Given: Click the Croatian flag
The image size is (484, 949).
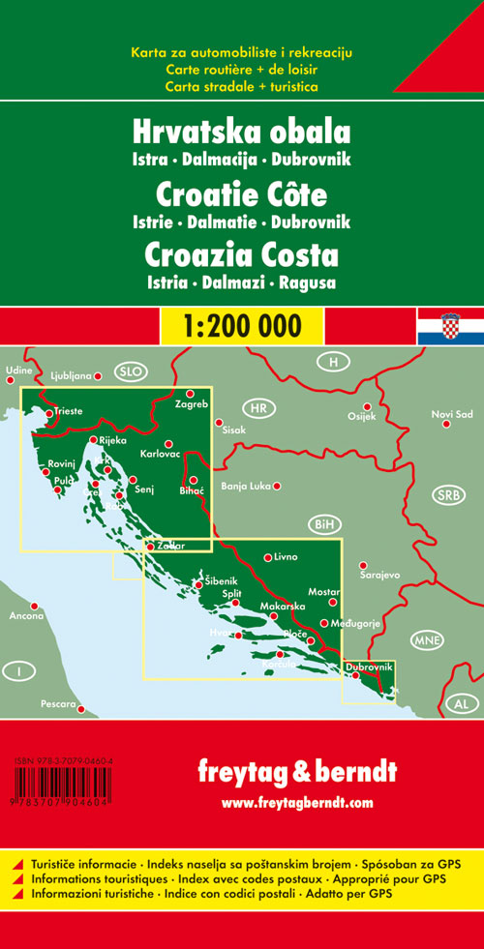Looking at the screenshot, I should click(449, 326).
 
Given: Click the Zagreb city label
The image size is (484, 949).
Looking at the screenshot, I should click(191, 404).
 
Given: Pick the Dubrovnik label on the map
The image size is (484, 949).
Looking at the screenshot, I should click(369, 667).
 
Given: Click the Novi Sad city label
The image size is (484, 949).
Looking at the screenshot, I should click(452, 415).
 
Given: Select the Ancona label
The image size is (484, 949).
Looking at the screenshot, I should click(26, 616).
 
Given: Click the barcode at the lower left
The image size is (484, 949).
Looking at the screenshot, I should click(60, 783).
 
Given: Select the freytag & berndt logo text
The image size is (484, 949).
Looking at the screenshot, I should click(296, 773).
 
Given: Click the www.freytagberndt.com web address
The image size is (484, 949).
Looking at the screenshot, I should click(296, 802).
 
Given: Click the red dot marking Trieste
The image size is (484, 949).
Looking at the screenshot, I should click(48, 413).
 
